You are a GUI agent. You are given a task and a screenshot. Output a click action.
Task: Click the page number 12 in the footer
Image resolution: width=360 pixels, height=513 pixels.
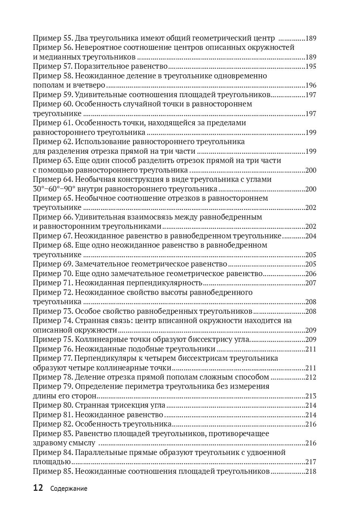38,488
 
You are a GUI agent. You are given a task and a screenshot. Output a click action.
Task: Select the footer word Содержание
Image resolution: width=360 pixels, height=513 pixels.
69,489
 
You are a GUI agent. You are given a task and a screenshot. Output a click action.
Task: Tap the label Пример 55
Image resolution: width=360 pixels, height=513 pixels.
53,38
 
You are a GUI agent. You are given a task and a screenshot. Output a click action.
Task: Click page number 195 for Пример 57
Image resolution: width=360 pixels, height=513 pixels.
311,67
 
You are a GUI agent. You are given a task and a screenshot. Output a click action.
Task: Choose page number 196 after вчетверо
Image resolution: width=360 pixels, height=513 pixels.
311,85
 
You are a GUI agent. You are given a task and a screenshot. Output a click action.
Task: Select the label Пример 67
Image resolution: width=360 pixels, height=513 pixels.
53,236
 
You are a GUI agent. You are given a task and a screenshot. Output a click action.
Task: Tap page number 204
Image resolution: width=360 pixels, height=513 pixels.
311,236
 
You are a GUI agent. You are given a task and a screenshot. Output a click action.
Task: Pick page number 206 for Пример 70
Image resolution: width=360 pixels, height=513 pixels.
311,274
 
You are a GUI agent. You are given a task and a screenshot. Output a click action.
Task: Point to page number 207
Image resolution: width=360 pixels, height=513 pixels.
311,283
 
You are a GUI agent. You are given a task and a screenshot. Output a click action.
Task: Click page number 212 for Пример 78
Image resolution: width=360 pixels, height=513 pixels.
311,377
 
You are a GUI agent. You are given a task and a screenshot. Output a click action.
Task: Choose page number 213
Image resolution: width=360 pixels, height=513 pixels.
311,396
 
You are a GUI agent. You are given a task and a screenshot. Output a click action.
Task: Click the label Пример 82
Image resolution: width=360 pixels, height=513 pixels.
53,424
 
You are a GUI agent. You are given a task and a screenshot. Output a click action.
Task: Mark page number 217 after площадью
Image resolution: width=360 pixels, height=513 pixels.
311,462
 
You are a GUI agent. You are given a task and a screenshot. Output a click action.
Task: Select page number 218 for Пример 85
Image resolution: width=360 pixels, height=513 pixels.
311,472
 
